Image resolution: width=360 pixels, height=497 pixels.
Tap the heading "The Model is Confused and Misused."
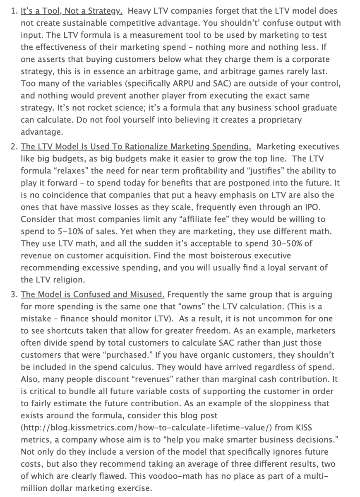click(93, 294)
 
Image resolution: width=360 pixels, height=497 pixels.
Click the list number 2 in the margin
click(13, 147)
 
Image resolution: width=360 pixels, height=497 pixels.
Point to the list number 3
click(13, 294)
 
